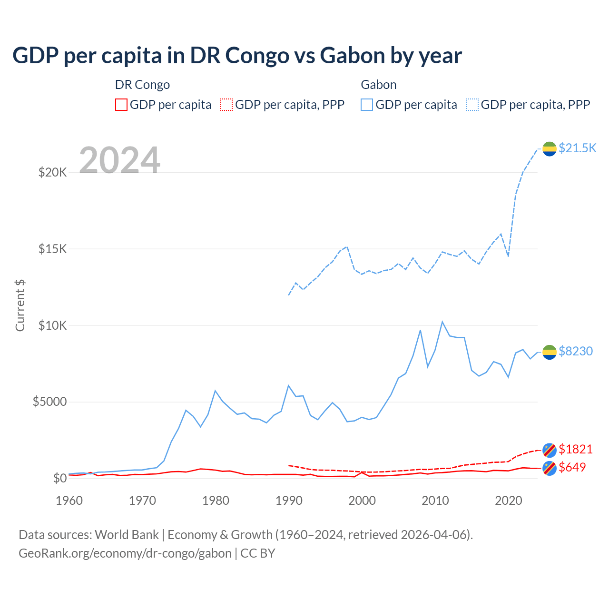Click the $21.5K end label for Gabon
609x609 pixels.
pos(577,148)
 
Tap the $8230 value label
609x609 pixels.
pos(576,351)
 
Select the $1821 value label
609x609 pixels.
pos(576,449)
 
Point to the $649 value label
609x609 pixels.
pos(572,467)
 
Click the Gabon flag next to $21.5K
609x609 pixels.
pos(550,148)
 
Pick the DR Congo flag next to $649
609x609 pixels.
pos(550,468)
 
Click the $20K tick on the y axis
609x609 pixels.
pos(52,172)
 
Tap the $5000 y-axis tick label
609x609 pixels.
pos(49,402)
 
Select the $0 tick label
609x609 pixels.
pos(59,478)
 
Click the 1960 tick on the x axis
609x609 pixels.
pos(69,501)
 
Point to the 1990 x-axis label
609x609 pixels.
pos(289,501)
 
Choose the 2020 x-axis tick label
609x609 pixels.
pos(509,501)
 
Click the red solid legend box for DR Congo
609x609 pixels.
pos(121,105)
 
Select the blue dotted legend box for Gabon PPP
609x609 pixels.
pos(472,105)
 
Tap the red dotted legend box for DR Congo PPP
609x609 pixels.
pos(226,105)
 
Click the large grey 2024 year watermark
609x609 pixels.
pos(119,160)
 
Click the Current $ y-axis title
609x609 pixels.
pos(20,305)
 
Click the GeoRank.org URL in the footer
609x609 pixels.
pos(125,553)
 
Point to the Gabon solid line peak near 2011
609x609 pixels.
pos(442,322)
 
